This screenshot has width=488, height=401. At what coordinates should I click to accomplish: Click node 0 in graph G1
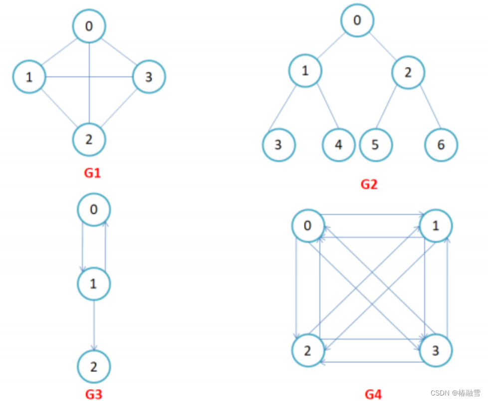tap(89, 26)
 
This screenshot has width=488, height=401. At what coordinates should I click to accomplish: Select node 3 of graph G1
tap(149, 77)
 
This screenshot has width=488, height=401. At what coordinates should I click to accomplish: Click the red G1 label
tap(92, 173)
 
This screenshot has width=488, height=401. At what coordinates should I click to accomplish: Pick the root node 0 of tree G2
tap(357, 20)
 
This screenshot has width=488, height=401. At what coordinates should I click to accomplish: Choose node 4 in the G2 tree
tap(339, 145)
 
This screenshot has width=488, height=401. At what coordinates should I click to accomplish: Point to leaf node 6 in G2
tap(441, 145)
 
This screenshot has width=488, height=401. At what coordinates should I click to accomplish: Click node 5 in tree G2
tap(375, 145)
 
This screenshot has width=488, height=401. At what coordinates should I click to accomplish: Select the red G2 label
tap(369, 185)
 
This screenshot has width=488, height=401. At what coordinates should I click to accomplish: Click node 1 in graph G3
tap(94, 284)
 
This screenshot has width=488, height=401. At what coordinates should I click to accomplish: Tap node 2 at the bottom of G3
tap(94, 368)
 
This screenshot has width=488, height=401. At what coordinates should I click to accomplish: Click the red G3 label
tap(94, 395)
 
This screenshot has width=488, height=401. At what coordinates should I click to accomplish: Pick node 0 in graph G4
tap(307, 226)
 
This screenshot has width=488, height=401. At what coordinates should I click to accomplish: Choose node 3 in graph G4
tap(436, 351)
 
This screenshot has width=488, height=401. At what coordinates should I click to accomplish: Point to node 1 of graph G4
tap(436, 226)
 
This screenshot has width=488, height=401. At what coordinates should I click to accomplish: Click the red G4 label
tap(373, 395)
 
